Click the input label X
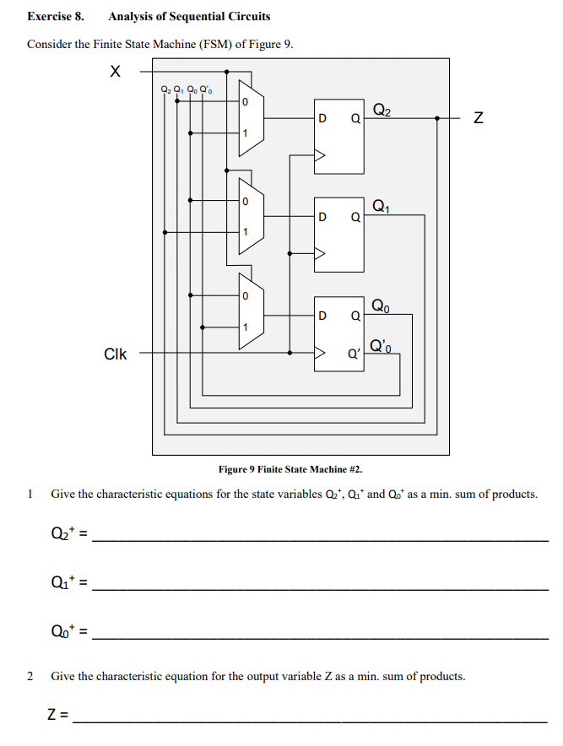[x=115, y=73]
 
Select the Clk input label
[x=115, y=354]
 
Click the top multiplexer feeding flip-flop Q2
[x=251, y=119]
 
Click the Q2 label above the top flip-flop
[x=382, y=108]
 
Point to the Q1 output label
[x=381, y=205]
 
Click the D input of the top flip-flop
[x=322, y=120]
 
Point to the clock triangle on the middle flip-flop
[x=320, y=251]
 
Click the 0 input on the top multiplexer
[x=245, y=102]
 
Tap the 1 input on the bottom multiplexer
[x=245, y=327]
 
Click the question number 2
[x=30, y=676]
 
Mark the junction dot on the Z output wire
[x=437, y=119]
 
